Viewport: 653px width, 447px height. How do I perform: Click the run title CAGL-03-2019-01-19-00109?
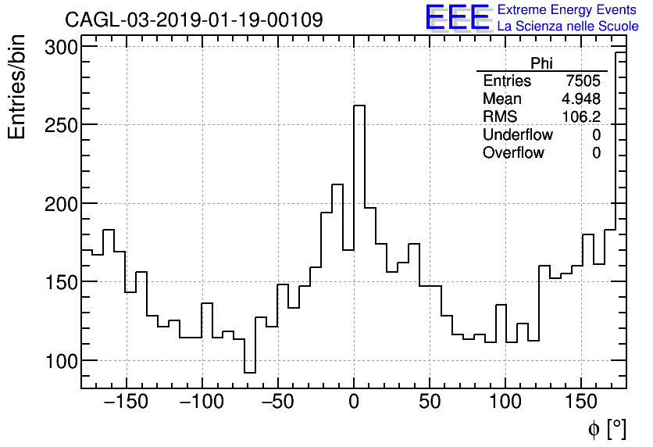[194, 20]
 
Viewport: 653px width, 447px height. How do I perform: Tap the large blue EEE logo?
[457, 18]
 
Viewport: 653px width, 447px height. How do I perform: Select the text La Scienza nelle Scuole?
[567, 27]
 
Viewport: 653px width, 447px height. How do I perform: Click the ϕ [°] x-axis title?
[606, 428]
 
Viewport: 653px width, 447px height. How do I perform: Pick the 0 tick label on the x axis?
[354, 403]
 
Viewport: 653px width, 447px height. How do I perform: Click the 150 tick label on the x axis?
[581, 403]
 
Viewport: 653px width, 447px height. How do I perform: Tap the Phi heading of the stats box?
[542, 63]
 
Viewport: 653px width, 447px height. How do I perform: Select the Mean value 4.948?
[581, 99]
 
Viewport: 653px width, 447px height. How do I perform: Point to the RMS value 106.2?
[582, 117]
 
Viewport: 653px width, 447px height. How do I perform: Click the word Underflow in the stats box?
[518, 135]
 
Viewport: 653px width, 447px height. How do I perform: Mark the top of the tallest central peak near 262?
[359, 105]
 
